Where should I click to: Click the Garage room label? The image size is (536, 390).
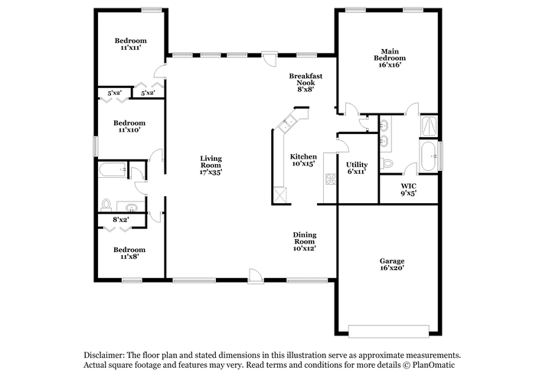[392, 261]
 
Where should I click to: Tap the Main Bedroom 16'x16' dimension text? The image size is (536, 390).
[390, 65]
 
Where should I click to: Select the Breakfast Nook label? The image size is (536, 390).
[306, 80]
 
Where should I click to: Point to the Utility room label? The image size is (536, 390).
[357, 165]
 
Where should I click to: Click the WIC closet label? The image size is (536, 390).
[408, 186]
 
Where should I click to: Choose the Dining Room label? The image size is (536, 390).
[305, 238]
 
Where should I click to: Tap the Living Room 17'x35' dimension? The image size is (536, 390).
[211, 172]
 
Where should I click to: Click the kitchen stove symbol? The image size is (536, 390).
[331, 179]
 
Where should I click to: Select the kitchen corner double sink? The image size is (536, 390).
[286, 123]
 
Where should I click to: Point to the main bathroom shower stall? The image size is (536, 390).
[429, 126]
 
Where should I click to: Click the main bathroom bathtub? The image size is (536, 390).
[428, 156]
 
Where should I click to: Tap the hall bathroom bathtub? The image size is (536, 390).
[112, 169]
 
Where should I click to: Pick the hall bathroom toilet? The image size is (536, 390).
[106, 205]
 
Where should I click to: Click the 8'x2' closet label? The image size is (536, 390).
[121, 220]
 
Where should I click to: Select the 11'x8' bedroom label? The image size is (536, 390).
[129, 256]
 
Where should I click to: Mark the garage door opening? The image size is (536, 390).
[389, 331]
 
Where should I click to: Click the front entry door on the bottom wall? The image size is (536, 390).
[256, 276]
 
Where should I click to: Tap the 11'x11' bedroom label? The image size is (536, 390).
[131, 48]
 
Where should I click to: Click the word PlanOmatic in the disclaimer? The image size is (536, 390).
[433, 365]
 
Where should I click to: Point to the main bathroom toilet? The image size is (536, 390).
[386, 163]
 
